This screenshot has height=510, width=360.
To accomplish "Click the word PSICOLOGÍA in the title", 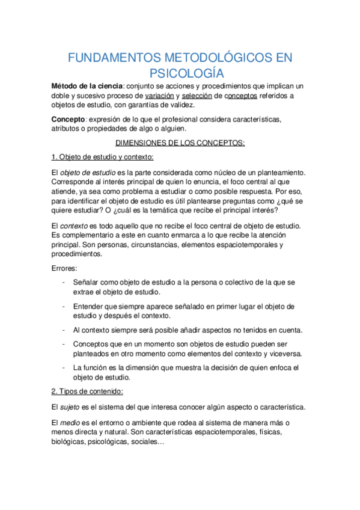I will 180,73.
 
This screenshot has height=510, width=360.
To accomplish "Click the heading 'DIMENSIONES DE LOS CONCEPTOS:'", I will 180,143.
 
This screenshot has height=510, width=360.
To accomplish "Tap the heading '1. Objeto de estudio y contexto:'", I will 102,157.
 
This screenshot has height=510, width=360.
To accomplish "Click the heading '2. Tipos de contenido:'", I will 87,392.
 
